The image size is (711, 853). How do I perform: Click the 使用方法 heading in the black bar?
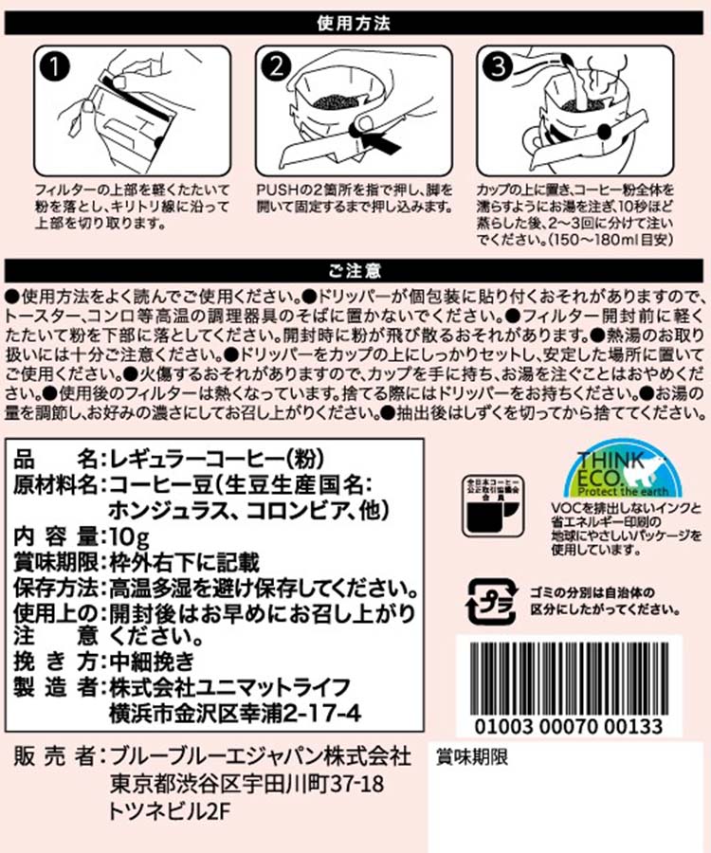[354, 24]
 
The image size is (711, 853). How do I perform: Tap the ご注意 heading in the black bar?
[355, 270]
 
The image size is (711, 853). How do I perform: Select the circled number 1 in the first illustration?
[55, 67]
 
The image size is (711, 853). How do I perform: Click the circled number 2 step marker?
[277, 67]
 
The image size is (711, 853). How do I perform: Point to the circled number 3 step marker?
[498, 67]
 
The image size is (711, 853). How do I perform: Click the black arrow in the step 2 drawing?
[382, 141]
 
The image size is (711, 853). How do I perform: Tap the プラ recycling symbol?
[491, 601]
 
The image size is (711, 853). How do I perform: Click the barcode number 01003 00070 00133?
[569, 726]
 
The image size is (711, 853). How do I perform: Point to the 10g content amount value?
[130, 537]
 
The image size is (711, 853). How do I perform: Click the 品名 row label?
[55, 460]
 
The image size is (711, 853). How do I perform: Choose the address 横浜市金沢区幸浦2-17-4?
[235, 714]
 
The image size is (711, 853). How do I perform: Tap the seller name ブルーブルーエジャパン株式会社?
[260, 756]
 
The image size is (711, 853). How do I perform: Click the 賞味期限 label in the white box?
[472, 757]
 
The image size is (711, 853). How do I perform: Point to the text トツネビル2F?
[169, 811]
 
